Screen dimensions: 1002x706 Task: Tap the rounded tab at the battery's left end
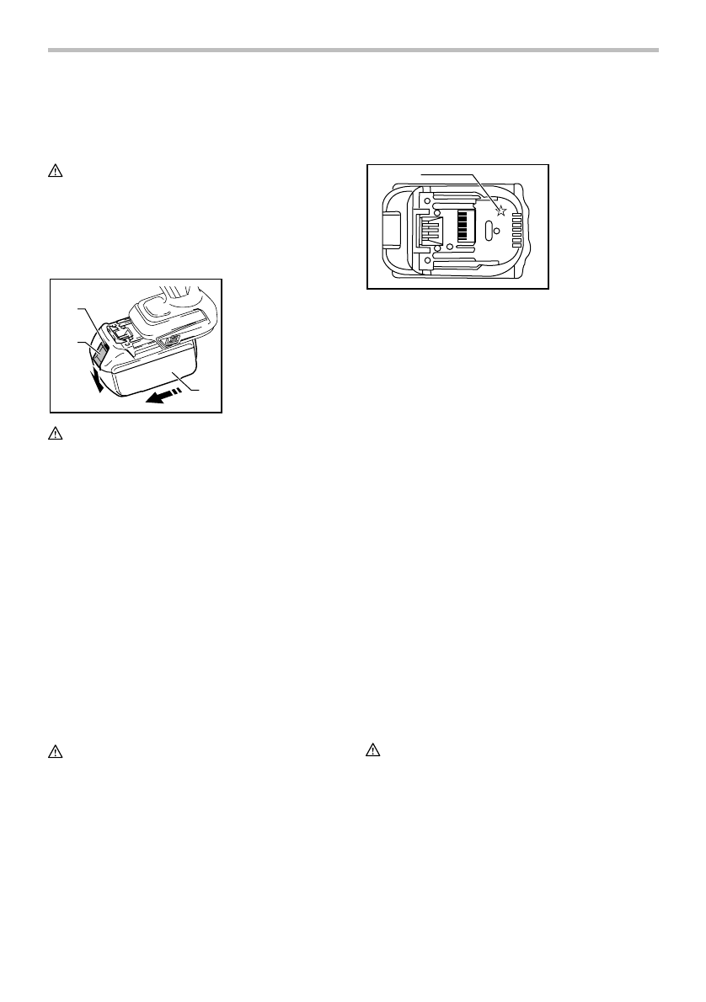(393, 227)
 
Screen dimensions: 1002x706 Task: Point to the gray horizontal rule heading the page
(353, 51)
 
